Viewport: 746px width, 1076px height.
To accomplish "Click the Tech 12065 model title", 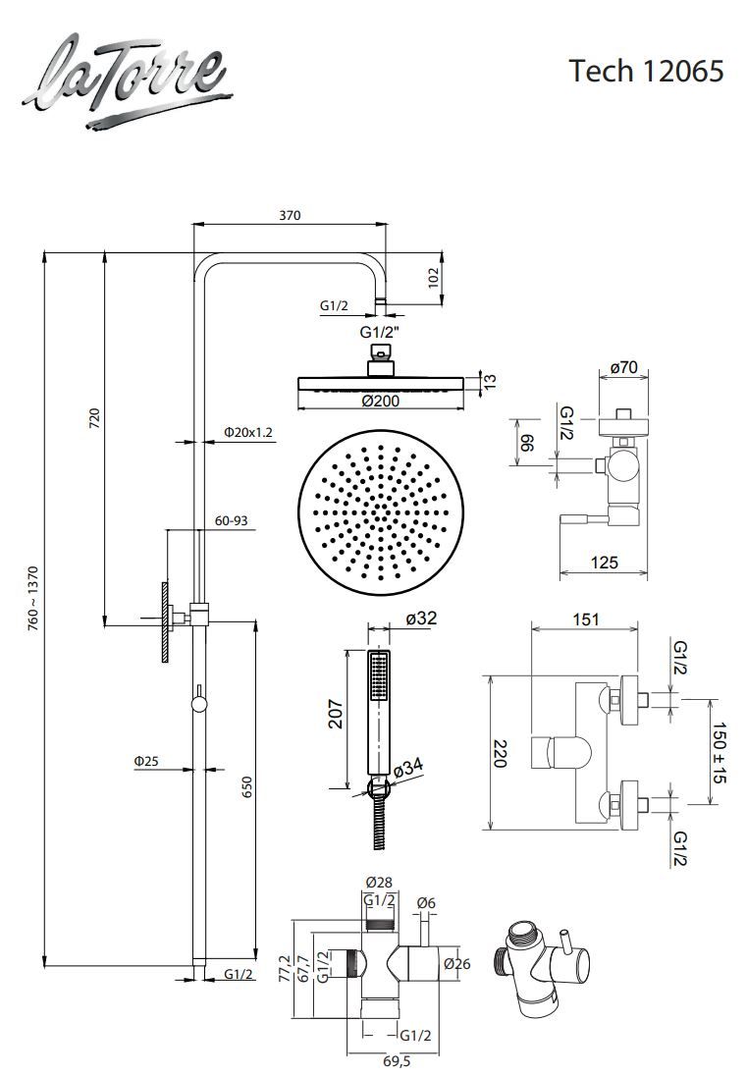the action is coord(647,70).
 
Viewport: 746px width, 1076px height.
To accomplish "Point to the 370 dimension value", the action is coord(289,215).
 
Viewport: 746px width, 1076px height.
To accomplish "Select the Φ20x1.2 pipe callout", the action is coord(247,432).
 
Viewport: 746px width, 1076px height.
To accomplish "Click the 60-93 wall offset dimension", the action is coord(232,521).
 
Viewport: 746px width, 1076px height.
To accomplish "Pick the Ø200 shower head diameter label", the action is coord(380,401).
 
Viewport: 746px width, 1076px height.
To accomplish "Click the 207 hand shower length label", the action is coord(334,714).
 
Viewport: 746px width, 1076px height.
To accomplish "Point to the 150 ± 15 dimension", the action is coord(719,752).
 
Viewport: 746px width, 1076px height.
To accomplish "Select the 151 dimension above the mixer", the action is coord(585,619).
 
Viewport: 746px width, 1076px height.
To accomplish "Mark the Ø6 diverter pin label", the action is coord(426,903).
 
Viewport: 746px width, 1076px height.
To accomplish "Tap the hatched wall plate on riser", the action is coord(165,622).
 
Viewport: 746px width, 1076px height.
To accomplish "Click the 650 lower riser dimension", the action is coord(247,787).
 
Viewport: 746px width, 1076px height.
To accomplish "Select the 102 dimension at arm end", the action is coord(434,278).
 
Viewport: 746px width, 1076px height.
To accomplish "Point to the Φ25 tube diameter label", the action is coord(146,760).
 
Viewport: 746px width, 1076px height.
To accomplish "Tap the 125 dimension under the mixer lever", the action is coord(604,562).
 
